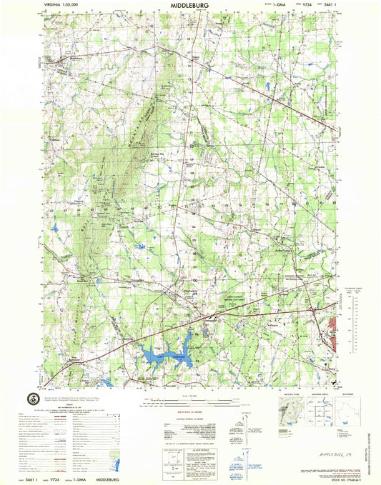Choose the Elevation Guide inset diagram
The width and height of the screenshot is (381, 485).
[283, 413]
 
